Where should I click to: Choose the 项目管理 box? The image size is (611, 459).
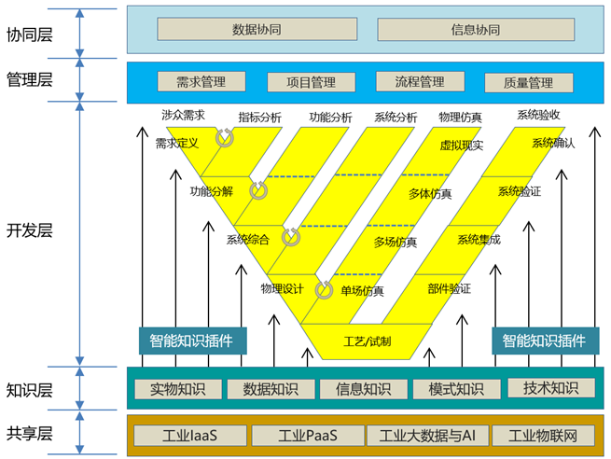[x=309, y=82]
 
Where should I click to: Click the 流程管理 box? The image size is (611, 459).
[x=418, y=82]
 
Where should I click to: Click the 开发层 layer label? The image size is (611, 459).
[x=30, y=230]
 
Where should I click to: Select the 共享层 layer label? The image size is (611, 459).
[x=30, y=434]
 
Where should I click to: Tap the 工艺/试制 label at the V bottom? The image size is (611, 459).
[x=368, y=341]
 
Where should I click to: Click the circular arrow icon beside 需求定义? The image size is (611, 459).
[x=225, y=138]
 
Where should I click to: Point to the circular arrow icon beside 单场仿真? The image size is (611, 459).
[x=325, y=289]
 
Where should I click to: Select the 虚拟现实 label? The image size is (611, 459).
[x=460, y=146]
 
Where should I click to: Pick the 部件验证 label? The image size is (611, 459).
[x=450, y=288]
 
